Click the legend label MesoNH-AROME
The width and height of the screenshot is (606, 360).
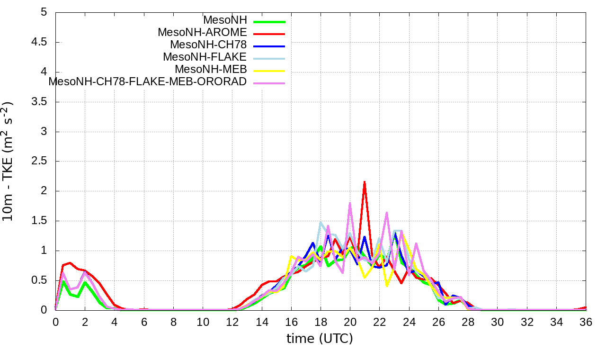point(202,33)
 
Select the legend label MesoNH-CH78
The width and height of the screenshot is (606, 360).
point(208,45)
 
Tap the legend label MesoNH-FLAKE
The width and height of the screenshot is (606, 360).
point(205,57)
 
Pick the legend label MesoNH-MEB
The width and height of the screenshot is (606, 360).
point(211,70)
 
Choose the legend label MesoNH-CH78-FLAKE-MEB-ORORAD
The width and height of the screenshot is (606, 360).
point(148,82)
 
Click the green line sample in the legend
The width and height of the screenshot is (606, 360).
point(269,21)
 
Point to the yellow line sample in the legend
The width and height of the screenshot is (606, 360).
point(269,71)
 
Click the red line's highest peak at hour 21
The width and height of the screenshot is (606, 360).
point(365,181)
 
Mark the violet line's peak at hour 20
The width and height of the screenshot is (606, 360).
point(350,203)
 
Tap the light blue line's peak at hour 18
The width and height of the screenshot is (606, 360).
point(321,223)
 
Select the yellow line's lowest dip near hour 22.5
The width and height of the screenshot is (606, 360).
point(387,286)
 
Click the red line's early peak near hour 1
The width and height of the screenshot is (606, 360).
point(70,263)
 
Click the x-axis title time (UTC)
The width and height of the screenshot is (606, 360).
point(320,339)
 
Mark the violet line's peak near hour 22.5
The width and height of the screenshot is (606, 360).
point(387,213)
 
